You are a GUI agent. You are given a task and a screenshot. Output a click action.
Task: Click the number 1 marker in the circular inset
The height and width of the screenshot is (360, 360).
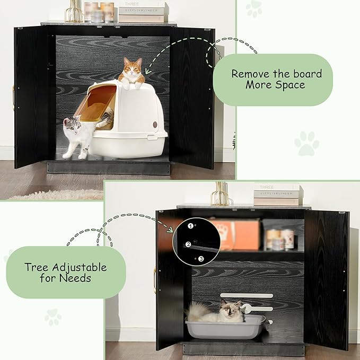tap(190, 226)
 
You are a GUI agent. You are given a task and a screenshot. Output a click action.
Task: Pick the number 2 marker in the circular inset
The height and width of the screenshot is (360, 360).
tap(188, 244)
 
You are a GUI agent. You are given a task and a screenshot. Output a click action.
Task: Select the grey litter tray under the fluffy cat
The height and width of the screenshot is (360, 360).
tap(225, 328)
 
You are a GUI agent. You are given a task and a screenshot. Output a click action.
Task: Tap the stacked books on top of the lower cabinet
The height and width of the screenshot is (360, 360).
tap(277, 194)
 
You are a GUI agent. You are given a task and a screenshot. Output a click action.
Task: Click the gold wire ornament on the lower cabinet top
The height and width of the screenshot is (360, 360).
tap(221, 194)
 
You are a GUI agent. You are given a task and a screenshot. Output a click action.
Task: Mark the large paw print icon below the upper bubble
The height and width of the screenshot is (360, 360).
tap(306, 144)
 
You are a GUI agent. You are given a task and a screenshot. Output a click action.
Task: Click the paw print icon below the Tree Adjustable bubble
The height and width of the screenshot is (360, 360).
tap(53, 317)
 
